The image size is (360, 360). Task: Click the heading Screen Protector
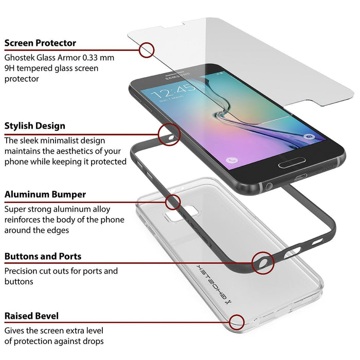[x=40, y=43]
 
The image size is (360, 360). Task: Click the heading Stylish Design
[x=35, y=126]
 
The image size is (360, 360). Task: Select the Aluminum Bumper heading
[x=45, y=194]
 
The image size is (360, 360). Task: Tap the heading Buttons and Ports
[x=43, y=256]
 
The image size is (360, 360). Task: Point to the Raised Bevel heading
[x=31, y=316]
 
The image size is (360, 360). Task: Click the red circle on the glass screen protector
[x=147, y=50]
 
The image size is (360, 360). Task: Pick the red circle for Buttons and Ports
[x=263, y=262]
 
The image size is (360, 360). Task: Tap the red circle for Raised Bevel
[x=237, y=322]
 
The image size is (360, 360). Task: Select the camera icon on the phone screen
[x=309, y=137]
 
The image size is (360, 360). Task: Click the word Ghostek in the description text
[x=21, y=58]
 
